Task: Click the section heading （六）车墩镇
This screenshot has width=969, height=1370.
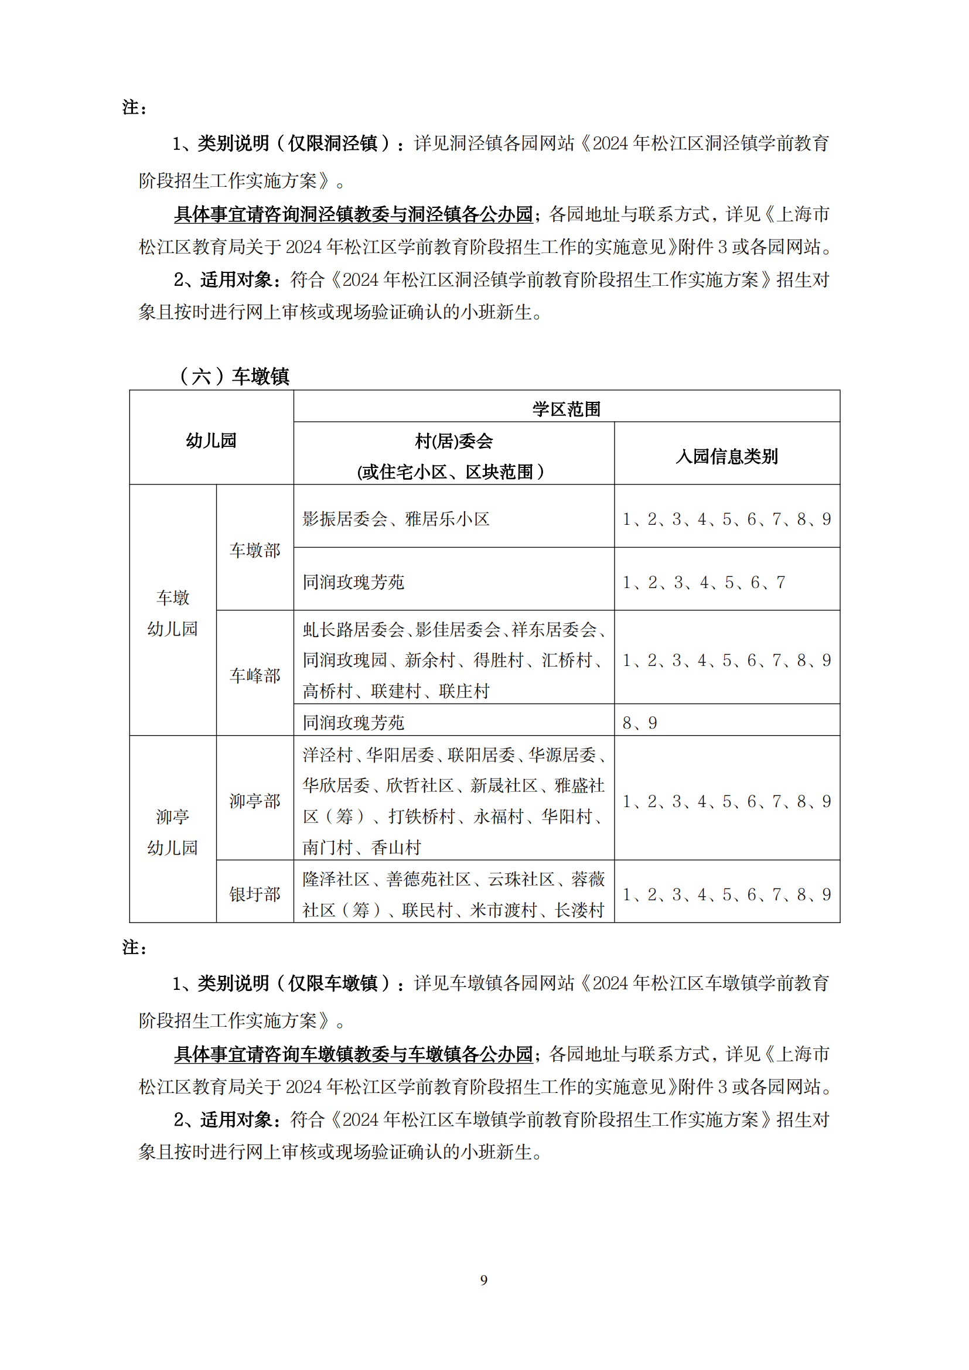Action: click(x=234, y=376)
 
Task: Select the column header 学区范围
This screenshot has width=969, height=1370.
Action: click(x=567, y=409)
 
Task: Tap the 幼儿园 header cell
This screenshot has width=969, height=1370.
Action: click(x=211, y=440)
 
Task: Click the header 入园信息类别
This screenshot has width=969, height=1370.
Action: click(x=726, y=456)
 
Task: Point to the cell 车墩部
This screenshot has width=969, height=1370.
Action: click(x=255, y=550)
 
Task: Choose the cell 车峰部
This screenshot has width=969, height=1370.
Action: click(x=255, y=675)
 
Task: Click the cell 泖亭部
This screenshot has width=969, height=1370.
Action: click(x=255, y=801)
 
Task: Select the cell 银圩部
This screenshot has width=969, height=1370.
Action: click(x=255, y=894)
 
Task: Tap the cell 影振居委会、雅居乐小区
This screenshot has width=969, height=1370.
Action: click(x=395, y=519)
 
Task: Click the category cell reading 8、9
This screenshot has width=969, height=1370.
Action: click(x=640, y=723)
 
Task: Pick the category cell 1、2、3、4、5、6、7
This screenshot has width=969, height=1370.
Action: click(x=704, y=582)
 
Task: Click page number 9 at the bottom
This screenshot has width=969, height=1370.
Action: click(x=484, y=1279)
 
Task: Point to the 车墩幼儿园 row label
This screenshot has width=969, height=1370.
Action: click(x=172, y=613)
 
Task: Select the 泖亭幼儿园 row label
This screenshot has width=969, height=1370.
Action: click(x=172, y=832)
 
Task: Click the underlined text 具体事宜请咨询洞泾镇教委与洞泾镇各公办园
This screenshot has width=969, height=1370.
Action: click(x=353, y=214)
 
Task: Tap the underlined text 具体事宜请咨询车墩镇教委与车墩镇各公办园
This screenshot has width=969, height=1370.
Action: click(x=353, y=1054)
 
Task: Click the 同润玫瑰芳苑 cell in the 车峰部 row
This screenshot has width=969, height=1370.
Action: click(x=353, y=723)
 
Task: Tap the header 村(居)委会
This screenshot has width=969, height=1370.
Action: click(x=453, y=441)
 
